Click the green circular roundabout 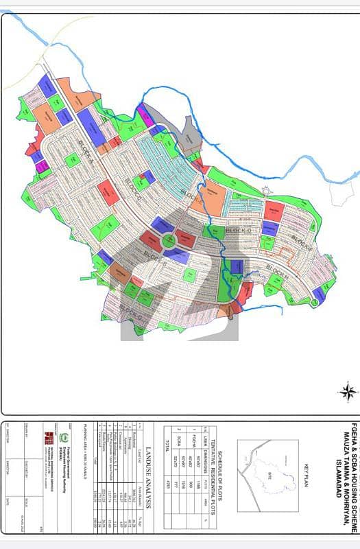[x=167, y=240]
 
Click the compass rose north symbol [x=348, y=392]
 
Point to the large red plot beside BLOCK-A [x=108, y=193]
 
